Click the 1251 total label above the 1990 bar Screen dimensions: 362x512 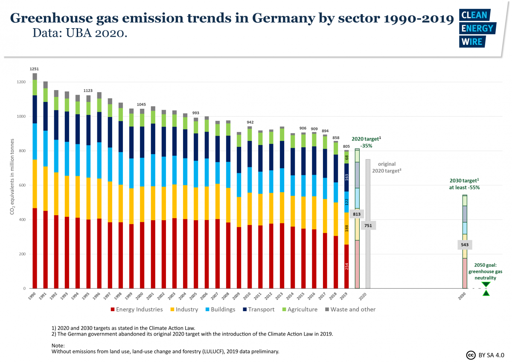click(35, 69)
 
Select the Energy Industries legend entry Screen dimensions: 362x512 click(137, 309)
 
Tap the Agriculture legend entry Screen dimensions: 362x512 click(299, 309)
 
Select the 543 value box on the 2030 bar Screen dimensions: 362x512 click(465, 245)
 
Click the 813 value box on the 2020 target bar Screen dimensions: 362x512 click(357, 214)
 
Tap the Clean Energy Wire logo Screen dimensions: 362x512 click(476, 28)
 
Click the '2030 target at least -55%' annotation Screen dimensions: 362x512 click(465, 184)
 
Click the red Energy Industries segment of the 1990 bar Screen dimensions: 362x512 click(35, 248)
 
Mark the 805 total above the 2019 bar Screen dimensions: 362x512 click(346, 146)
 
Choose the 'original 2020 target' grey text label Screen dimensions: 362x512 click(386, 167)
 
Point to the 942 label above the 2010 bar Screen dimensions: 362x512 click(250, 122)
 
